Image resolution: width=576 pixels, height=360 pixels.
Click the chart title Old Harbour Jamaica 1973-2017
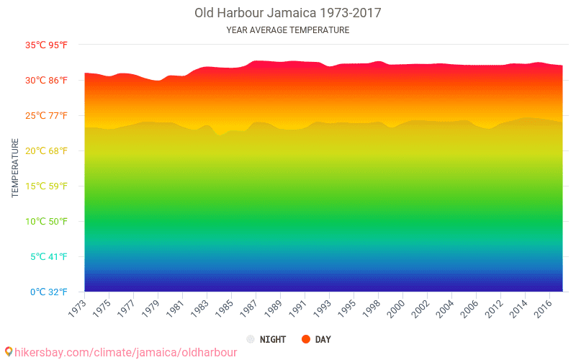pyautogui.click(x=288, y=13)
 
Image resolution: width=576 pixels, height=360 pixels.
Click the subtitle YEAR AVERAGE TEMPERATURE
pyautogui.click(x=288, y=30)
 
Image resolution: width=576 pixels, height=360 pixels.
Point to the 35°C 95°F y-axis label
pyautogui.click(x=47, y=45)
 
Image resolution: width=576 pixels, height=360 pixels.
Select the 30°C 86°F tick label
pyautogui.click(x=47, y=80)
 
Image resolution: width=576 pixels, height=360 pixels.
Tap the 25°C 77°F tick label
pyautogui.click(x=47, y=115)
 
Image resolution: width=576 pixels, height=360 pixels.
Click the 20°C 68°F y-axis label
pyautogui.click(x=47, y=150)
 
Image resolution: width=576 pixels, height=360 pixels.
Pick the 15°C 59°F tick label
pyautogui.click(x=47, y=186)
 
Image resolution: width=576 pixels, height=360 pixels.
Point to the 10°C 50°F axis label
pyautogui.click(x=47, y=221)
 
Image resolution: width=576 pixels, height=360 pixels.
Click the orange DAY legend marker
pyautogui.click(x=306, y=339)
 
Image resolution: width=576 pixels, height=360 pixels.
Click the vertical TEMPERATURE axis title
pyautogui.click(x=15, y=168)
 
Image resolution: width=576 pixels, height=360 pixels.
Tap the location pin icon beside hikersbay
pyautogui.click(x=8, y=351)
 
